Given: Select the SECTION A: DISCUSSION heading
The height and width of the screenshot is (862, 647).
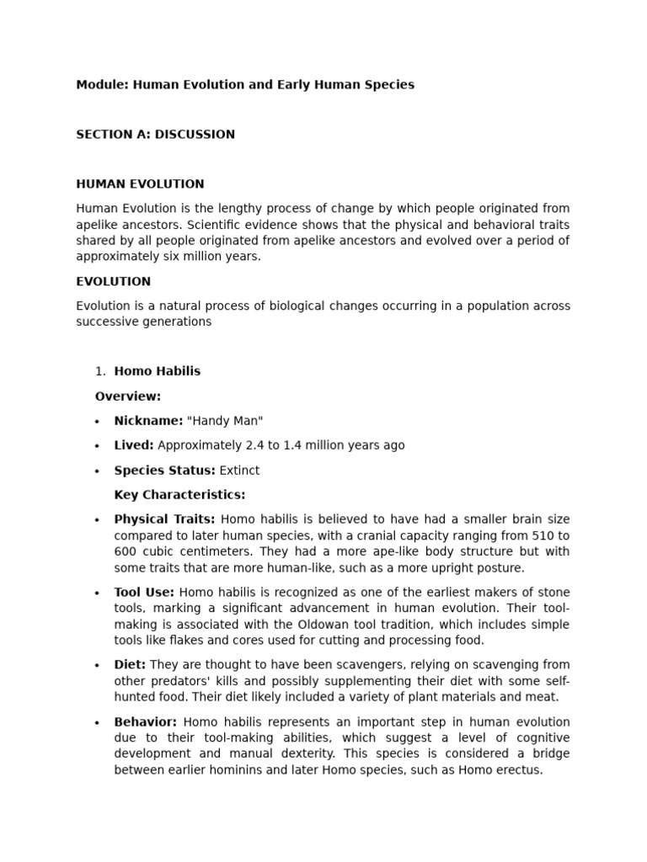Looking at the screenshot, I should click(155, 135).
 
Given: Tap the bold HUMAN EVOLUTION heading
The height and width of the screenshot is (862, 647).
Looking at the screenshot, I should click(140, 184).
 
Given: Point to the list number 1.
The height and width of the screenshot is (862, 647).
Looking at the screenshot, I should click(99, 371).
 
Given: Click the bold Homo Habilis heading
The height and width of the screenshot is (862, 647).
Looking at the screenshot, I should click(158, 371).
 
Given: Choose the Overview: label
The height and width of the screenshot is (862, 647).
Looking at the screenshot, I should click(128, 396).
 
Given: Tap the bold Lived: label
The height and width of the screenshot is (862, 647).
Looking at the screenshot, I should click(134, 445).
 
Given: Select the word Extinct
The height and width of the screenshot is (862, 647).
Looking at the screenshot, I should click(239, 471).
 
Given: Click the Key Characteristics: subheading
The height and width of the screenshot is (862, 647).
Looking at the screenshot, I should click(179, 495).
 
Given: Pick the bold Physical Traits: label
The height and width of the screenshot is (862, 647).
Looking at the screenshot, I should click(164, 519).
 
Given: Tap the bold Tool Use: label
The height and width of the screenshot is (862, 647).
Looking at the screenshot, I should click(144, 593).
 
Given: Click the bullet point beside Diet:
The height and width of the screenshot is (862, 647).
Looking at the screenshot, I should click(98, 666).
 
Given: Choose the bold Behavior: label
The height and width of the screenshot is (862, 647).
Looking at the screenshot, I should click(146, 722).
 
